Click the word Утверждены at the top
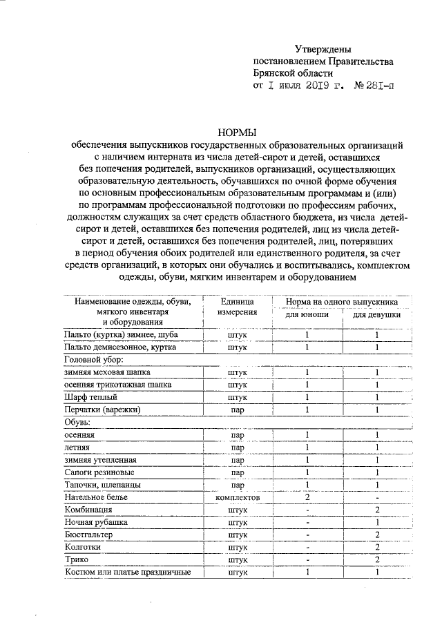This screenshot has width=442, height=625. click(x=323, y=49)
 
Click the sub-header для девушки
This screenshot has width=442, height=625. click(x=377, y=314)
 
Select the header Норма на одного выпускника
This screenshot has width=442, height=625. click(x=342, y=301)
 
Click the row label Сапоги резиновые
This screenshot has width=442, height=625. click(x=99, y=472)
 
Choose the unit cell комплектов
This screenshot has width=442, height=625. click(x=237, y=497)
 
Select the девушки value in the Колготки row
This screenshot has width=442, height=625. click(x=377, y=547)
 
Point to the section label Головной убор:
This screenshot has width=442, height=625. click(x=94, y=360)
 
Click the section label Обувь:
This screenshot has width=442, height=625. click(x=79, y=422)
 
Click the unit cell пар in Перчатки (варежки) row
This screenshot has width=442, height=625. click(x=237, y=410)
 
